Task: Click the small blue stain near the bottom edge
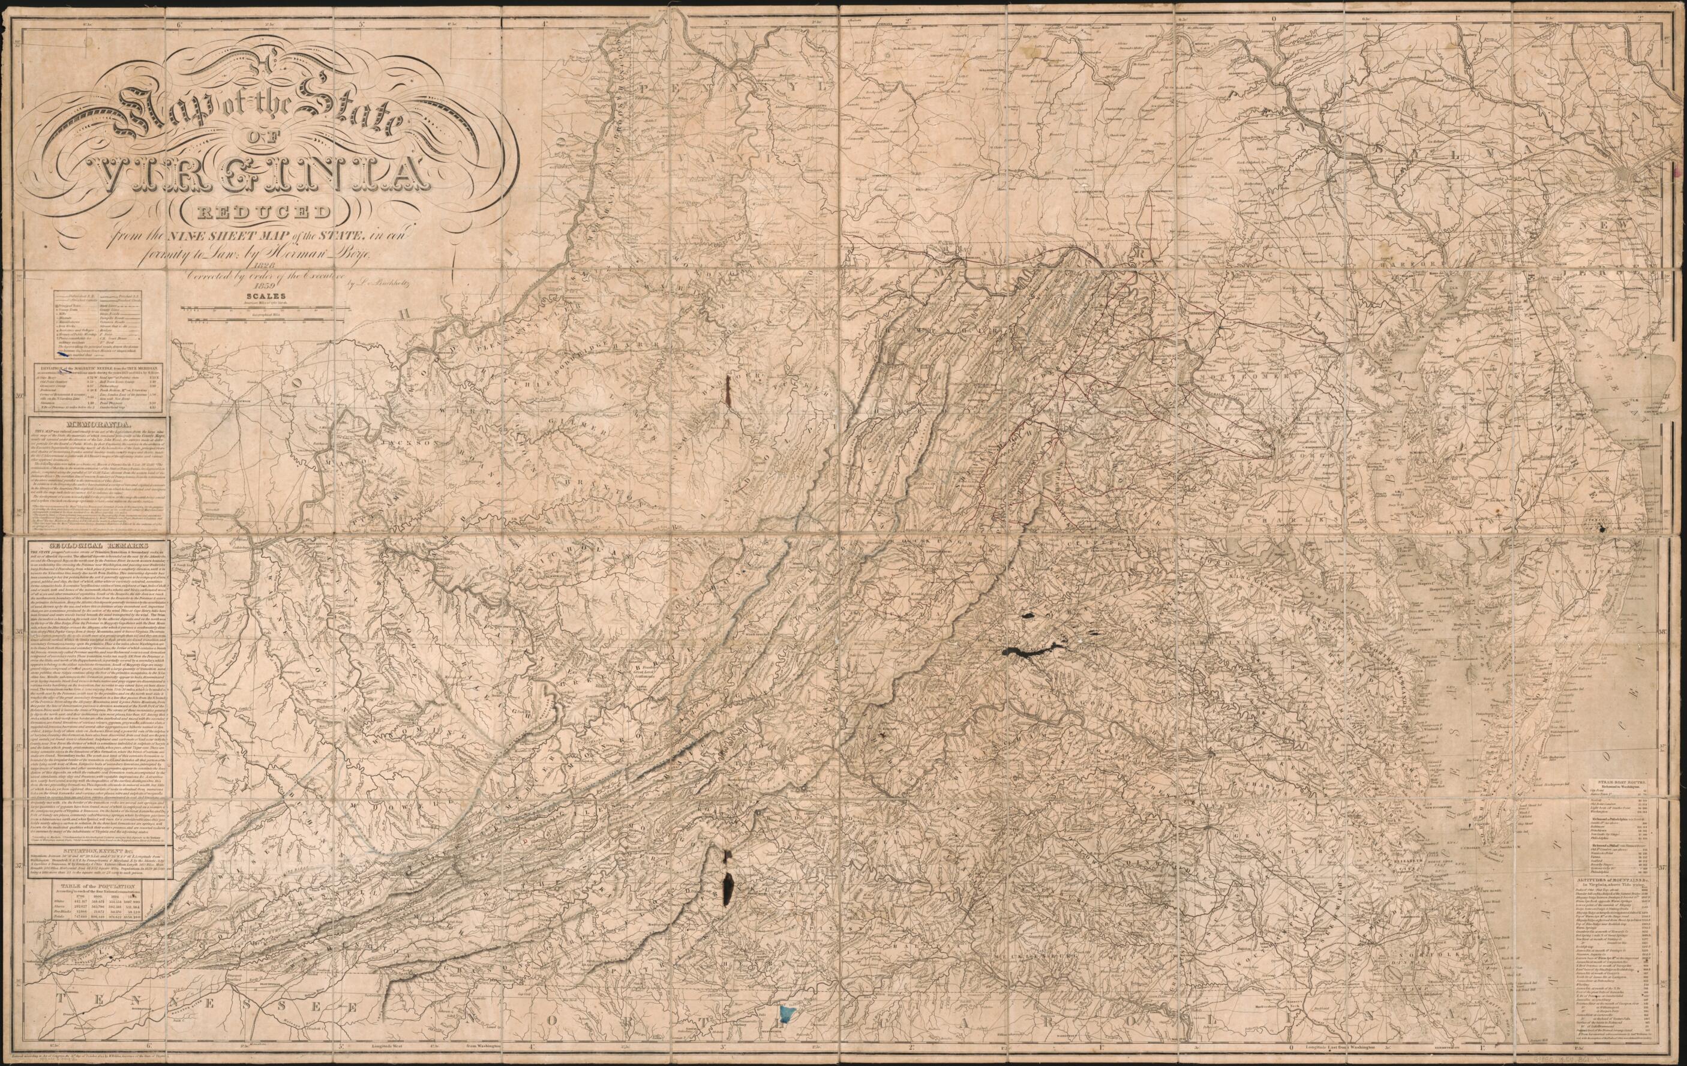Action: click(789, 1032)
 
